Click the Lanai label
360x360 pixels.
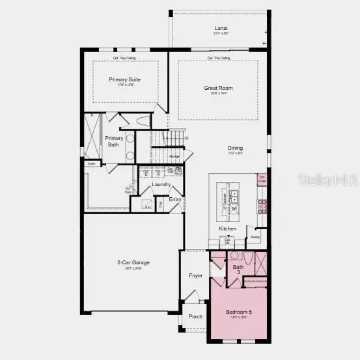pyautogui.click(x=221, y=28)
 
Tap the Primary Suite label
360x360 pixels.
pyautogui.click(x=125, y=80)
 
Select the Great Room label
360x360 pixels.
pyautogui.click(x=217, y=88)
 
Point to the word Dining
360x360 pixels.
pyautogui.click(x=236, y=148)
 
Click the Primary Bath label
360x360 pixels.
pyautogui.click(x=114, y=141)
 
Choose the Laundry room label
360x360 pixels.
pyautogui.click(x=161, y=184)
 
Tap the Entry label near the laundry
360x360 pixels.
pyautogui.click(x=175, y=200)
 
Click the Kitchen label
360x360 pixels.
pyautogui.click(x=227, y=228)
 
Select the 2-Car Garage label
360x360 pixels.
pyautogui.click(x=133, y=263)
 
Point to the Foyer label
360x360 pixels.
pyautogui.click(x=196, y=275)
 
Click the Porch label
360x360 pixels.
pyautogui.click(x=195, y=316)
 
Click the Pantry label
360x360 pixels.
pyautogui.click(x=256, y=238)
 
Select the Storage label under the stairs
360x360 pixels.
pyautogui.click(x=174, y=157)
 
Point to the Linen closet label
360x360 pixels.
pyautogui.click(x=91, y=163)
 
